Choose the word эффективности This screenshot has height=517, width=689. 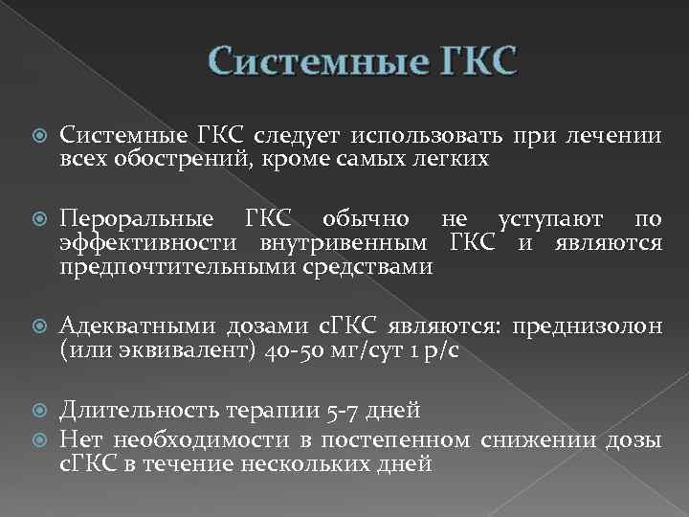141,245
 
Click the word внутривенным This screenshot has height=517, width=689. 335,245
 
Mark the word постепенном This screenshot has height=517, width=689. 408,438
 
